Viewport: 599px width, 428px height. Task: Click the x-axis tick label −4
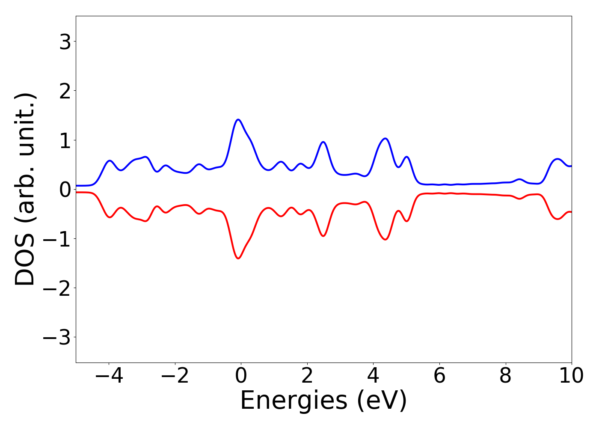tap(109, 376)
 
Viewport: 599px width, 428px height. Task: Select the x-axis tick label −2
tap(175, 376)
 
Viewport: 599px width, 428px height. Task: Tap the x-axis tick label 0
tap(241, 376)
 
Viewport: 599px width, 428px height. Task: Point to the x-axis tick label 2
tap(307, 376)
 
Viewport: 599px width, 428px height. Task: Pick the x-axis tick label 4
tap(374, 376)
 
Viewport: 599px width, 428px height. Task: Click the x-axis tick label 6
tap(439, 376)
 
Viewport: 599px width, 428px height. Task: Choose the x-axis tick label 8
tap(506, 376)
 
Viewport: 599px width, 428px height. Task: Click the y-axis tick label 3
tap(65, 42)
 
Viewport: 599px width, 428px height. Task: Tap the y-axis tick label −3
tap(57, 337)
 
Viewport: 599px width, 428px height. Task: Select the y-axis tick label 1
tap(65, 140)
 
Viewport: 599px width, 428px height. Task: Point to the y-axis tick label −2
tap(57, 288)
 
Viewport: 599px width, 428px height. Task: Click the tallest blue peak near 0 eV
tap(238, 120)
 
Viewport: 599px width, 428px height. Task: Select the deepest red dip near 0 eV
tap(238, 258)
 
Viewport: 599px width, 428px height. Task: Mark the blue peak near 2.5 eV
tap(323, 142)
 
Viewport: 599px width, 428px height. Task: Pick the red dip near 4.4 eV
tap(385, 239)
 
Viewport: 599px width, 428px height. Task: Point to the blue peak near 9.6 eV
tap(557, 159)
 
